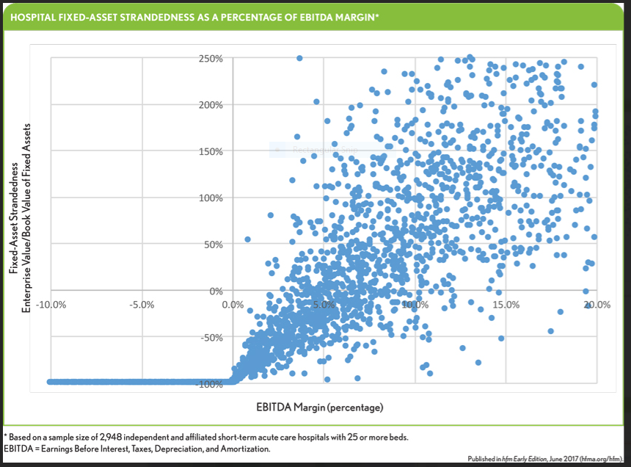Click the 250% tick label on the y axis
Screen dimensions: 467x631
(x=211, y=59)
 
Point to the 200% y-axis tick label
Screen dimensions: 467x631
(x=211, y=105)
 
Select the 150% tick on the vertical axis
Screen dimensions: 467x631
(x=211, y=151)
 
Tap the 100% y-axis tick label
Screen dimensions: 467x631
(x=211, y=198)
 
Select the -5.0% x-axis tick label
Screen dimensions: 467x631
(x=141, y=305)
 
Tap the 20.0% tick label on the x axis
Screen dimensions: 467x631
(x=597, y=305)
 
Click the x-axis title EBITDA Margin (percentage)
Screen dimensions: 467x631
(x=320, y=407)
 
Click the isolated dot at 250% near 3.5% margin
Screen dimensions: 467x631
(x=299, y=58)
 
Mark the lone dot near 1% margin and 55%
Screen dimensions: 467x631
(x=248, y=239)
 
